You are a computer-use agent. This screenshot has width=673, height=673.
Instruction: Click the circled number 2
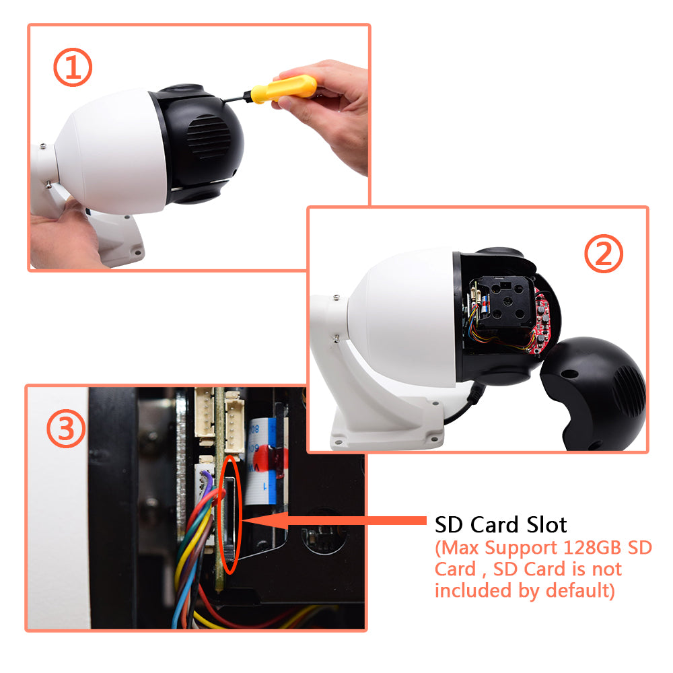(x=603, y=255)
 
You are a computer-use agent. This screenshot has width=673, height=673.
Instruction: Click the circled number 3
(x=65, y=429)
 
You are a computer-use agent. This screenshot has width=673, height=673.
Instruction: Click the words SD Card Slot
(x=501, y=524)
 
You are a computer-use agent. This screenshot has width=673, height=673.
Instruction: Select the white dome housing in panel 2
(x=404, y=316)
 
